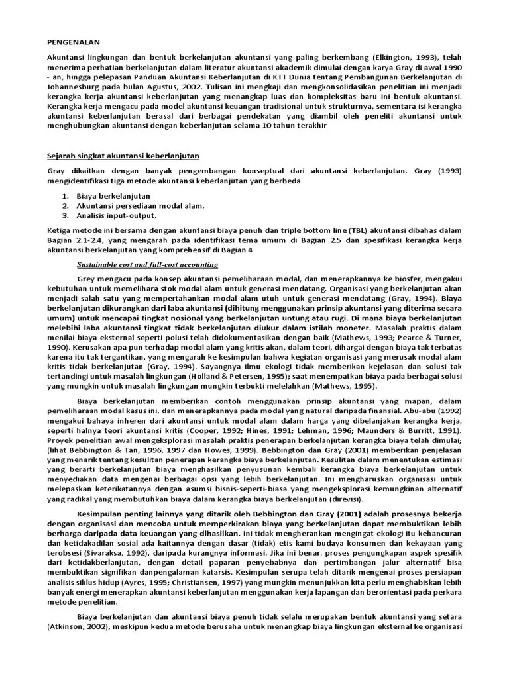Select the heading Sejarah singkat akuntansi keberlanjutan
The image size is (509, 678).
[x=123, y=156]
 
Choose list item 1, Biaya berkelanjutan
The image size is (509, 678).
[x=113, y=196]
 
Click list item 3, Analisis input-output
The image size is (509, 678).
[x=116, y=215]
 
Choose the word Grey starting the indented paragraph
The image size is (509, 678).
[x=88, y=279]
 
